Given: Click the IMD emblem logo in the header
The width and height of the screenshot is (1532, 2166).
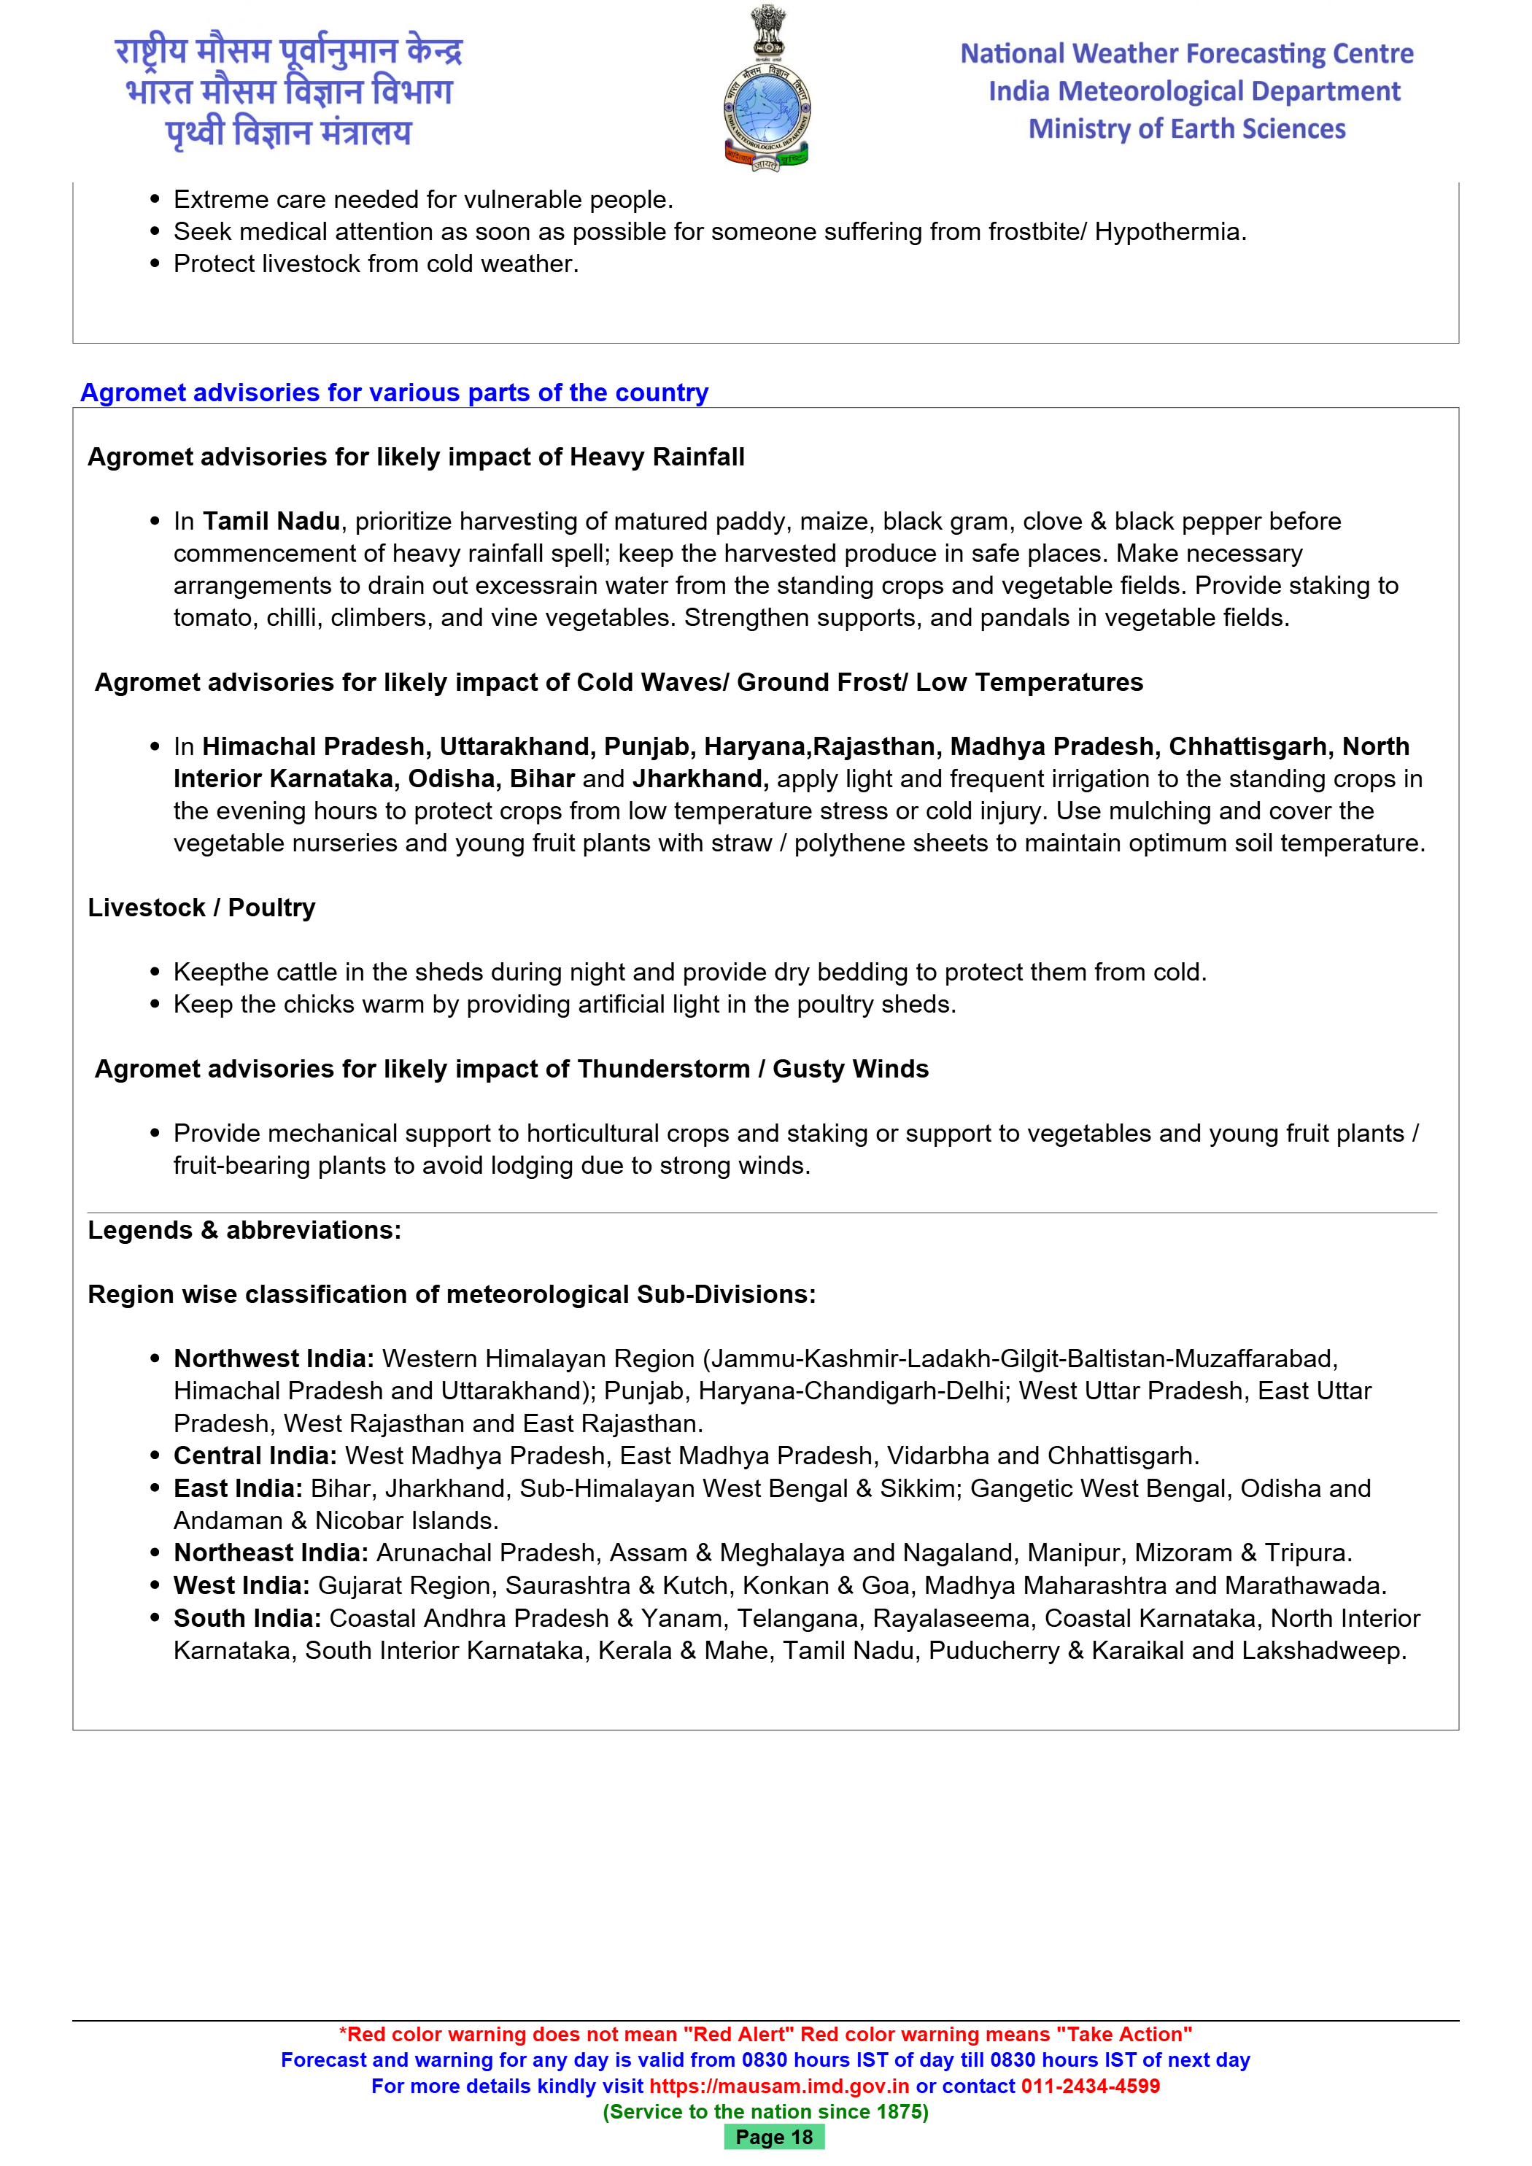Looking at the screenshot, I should [x=766, y=90].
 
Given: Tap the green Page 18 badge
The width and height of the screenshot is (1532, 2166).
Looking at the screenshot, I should [x=773, y=2137].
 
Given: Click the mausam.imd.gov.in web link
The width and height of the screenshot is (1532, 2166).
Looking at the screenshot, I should [x=779, y=2086].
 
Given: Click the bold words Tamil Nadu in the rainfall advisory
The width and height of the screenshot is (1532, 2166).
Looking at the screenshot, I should [x=271, y=521].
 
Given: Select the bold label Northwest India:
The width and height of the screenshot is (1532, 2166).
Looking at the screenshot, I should [x=274, y=1358].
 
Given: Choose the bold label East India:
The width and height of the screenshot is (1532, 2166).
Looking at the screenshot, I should [x=238, y=1489].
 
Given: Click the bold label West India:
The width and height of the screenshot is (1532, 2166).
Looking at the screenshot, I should [x=241, y=1586].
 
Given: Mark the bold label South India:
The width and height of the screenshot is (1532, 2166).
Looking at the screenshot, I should [x=247, y=1619].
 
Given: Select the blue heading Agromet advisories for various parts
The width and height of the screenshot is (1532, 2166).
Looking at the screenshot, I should [x=395, y=392].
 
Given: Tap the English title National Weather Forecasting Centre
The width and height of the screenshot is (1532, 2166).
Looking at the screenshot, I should [x=1187, y=54].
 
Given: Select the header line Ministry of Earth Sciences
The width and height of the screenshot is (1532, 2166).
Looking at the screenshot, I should [x=1187, y=129].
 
